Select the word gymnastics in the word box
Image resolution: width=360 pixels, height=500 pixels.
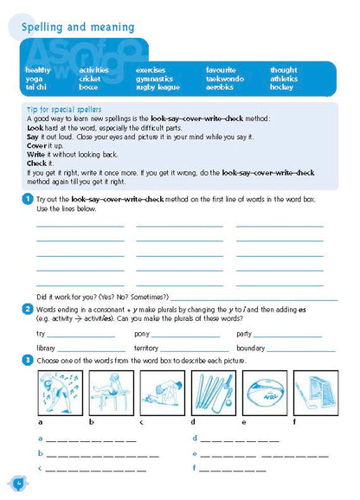coord(154,79)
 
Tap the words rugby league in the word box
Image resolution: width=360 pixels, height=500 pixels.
coord(157,87)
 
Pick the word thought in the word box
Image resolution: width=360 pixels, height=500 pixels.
coord(283,70)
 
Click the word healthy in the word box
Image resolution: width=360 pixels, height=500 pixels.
coord(38,70)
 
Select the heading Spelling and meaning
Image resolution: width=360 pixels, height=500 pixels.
coord(73,27)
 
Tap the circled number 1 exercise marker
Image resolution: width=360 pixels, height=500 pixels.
coord(29,200)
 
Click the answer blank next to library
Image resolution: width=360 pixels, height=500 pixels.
coord(89,349)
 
